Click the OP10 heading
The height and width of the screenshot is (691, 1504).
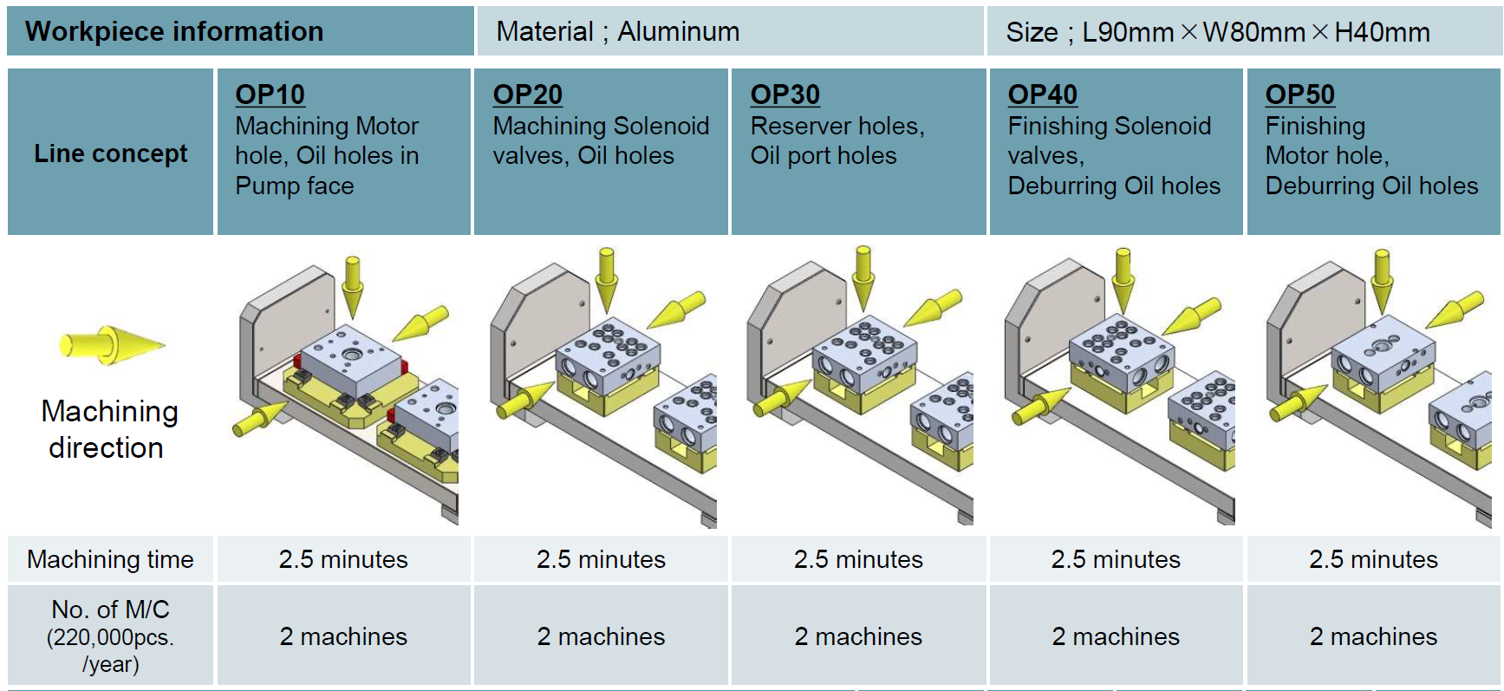click(270, 95)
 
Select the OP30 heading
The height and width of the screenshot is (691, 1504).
click(785, 95)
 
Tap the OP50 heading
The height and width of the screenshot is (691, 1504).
click(1299, 95)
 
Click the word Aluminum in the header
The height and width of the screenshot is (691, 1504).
click(678, 32)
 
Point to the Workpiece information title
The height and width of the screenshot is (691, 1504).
click(174, 31)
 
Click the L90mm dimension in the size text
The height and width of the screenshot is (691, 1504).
click(1127, 33)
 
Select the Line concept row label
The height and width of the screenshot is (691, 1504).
click(110, 153)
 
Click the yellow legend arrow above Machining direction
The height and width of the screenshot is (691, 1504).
click(112, 344)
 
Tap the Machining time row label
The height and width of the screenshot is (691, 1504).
click(110, 559)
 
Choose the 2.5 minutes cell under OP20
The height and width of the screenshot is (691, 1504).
click(601, 559)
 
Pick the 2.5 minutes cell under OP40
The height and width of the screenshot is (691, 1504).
click(1116, 559)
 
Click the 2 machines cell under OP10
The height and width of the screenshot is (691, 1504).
click(343, 636)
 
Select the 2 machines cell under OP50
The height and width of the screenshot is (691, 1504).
click(1373, 636)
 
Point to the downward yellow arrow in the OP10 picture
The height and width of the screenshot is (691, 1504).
click(352, 287)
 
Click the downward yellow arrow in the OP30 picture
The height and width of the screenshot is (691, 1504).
click(863, 277)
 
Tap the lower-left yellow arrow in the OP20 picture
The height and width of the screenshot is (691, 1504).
click(525, 400)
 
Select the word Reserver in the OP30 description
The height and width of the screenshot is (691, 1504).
click(804, 126)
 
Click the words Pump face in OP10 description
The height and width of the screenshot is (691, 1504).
click(295, 186)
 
